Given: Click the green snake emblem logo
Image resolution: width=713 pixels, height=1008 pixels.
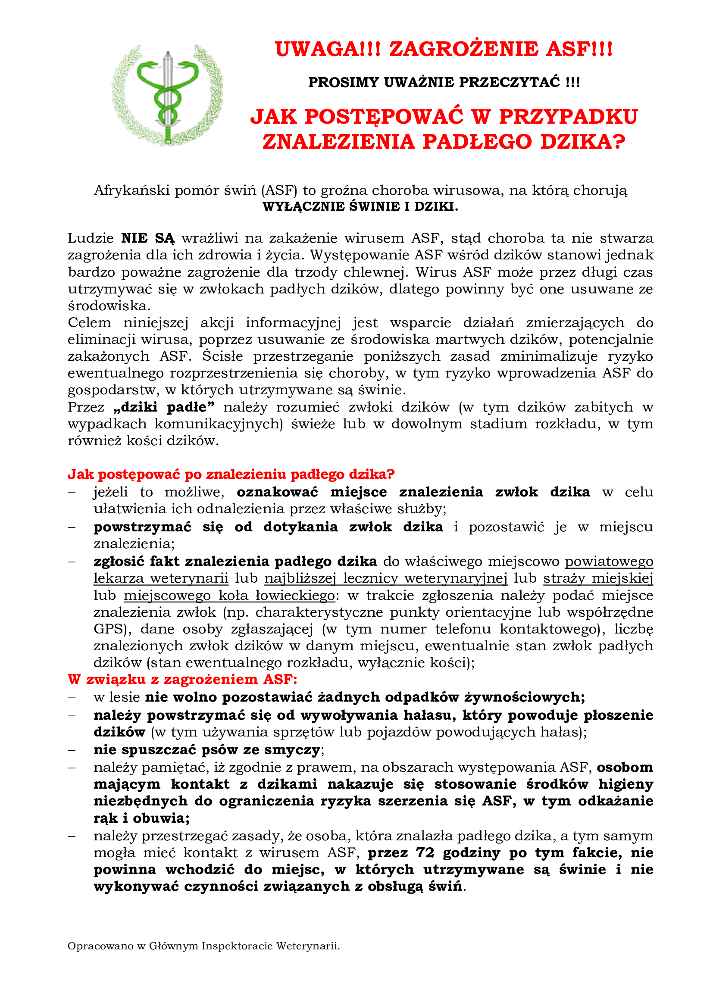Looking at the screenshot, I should (x=167, y=95).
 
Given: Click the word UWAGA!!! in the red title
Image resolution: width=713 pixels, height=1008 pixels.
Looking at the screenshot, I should (x=328, y=49).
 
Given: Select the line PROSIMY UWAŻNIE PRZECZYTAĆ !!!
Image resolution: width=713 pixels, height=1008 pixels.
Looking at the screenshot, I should (x=444, y=82).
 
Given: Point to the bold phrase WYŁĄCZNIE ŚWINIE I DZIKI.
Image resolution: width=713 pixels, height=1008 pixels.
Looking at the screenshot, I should (x=360, y=206).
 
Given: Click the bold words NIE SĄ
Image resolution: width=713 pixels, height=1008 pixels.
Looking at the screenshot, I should (x=147, y=238).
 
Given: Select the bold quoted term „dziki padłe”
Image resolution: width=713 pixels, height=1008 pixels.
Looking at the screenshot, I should (x=164, y=407).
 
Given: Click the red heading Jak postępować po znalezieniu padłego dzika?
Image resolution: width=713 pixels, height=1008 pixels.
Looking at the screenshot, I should (x=231, y=474).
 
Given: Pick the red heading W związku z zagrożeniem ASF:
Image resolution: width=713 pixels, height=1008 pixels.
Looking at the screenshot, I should (x=182, y=679).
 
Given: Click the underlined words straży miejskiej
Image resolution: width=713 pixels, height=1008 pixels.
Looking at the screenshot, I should (x=598, y=578).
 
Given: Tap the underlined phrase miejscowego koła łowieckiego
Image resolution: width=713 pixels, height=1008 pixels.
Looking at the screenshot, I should (x=229, y=595).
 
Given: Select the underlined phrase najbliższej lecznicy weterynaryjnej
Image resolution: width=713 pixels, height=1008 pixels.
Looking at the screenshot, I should (x=385, y=578).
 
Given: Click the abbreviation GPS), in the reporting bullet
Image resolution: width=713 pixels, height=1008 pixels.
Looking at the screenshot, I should (x=113, y=629).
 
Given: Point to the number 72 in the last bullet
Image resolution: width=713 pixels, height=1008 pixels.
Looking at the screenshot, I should (x=425, y=852).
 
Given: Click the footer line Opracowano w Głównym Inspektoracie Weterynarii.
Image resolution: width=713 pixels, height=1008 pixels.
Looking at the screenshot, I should (x=204, y=946).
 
